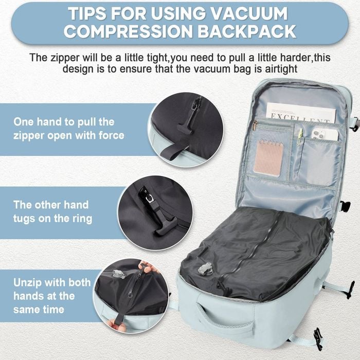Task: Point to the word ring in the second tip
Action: (x=82, y=219)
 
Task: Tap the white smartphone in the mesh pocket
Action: (x=325, y=134)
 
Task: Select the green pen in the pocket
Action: (x=299, y=137)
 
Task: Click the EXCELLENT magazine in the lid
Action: (x=301, y=113)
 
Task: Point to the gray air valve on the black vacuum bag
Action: (x=205, y=268)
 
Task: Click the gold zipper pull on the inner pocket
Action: (x=255, y=125)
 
